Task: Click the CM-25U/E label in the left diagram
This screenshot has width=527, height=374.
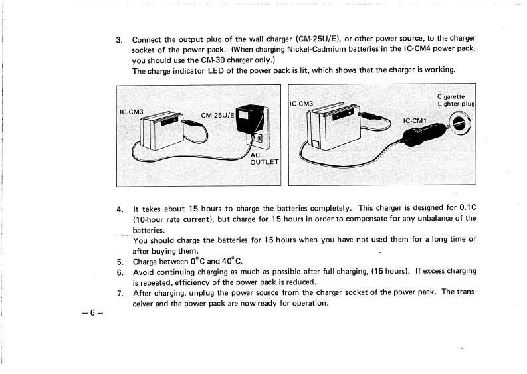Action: point(217,115)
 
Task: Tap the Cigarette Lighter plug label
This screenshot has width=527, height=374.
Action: point(455,100)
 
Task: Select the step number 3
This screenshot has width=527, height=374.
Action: point(119,39)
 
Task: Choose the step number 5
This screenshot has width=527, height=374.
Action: point(120,261)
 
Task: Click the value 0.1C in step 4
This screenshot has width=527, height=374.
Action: point(465,208)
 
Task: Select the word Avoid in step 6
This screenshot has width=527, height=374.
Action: point(145,272)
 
